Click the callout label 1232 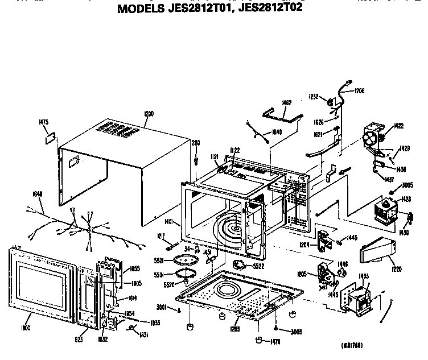point(314,96)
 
